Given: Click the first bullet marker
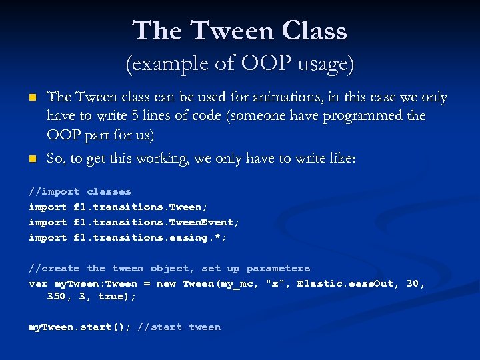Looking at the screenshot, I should pos(31,98).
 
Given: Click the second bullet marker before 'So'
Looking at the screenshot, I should pos(31,159).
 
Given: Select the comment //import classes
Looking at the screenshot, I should pos(79,191).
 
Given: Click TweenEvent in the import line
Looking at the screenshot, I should pos(204,222).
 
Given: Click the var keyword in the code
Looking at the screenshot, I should pos(37,283).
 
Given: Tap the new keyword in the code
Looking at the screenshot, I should pos(166,283).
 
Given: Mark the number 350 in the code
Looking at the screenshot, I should pos(56,296).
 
